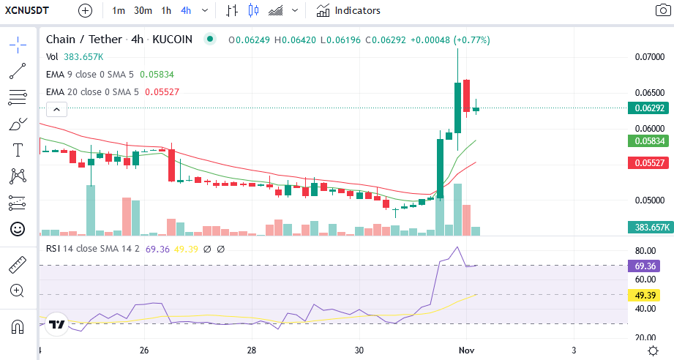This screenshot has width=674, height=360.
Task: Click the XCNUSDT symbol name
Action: [26, 10]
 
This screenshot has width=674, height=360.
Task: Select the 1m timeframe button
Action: [119, 10]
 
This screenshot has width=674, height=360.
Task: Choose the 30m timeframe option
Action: [143, 10]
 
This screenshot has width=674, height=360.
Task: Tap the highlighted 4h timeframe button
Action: [186, 10]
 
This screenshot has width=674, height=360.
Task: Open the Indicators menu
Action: [348, 10]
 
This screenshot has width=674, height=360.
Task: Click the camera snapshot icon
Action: [663, 10]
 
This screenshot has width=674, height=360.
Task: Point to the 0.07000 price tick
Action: [650, 56]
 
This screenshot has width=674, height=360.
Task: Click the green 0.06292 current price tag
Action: [648, 108]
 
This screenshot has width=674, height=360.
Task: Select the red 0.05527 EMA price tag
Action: [648, 163]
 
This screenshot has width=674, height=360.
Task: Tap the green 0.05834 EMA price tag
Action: [648, 141]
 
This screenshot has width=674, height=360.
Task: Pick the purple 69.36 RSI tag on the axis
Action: [645, 266]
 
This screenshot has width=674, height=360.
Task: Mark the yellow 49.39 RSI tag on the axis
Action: [645, 296]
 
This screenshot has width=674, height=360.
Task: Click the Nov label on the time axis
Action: [466, 350]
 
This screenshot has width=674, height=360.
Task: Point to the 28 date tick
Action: [252, 350]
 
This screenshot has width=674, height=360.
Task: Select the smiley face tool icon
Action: [18, 229]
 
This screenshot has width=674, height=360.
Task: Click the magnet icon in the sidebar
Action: [18, 327]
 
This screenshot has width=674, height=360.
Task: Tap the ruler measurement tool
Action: [18, 265]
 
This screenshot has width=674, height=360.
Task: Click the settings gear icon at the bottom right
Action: [653, 350]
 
